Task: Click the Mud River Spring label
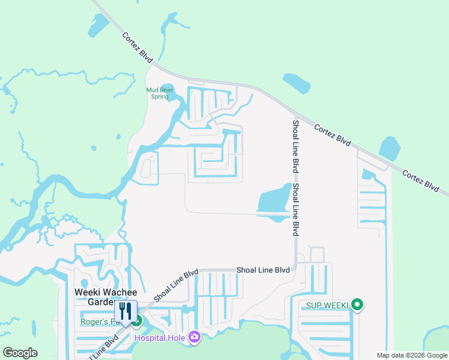point(160,93)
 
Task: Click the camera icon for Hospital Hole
point(194,337)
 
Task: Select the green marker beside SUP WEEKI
point(357,305)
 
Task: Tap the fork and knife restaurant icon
point(125,311)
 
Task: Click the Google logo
point(20,353)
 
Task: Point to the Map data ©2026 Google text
point(412,355)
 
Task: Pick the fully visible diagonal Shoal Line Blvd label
point(176,285)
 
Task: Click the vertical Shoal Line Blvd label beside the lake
point(295,209)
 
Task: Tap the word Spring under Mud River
point(160,97)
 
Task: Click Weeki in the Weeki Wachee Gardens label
point(86,292)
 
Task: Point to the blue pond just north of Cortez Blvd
point(297,83)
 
